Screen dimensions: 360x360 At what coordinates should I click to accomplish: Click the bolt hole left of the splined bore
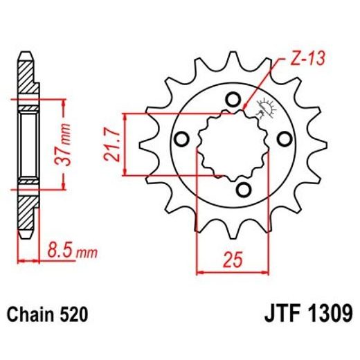[183, 139]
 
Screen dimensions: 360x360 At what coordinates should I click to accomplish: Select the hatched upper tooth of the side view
[26, 76]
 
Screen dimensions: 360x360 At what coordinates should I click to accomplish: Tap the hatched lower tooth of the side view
[26, 211]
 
